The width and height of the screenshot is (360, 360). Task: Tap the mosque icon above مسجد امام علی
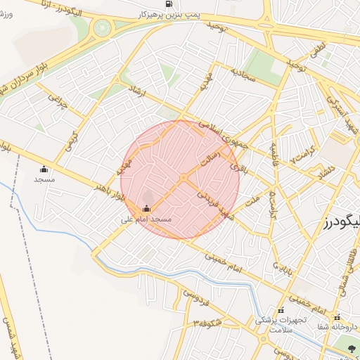click(146, 208)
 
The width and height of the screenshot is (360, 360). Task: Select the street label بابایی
click(280, 269)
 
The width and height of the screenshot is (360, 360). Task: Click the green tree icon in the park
click(352, 349)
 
